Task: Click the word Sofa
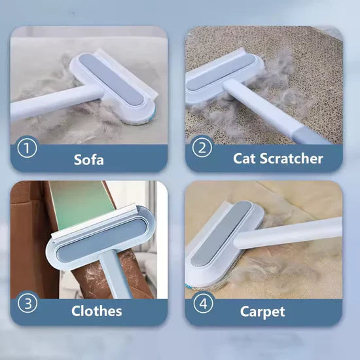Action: coord(89,158)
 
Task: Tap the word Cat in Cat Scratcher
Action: coord(246,158)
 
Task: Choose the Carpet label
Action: coord(262,312)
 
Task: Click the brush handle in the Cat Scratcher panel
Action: coord(275,111)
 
